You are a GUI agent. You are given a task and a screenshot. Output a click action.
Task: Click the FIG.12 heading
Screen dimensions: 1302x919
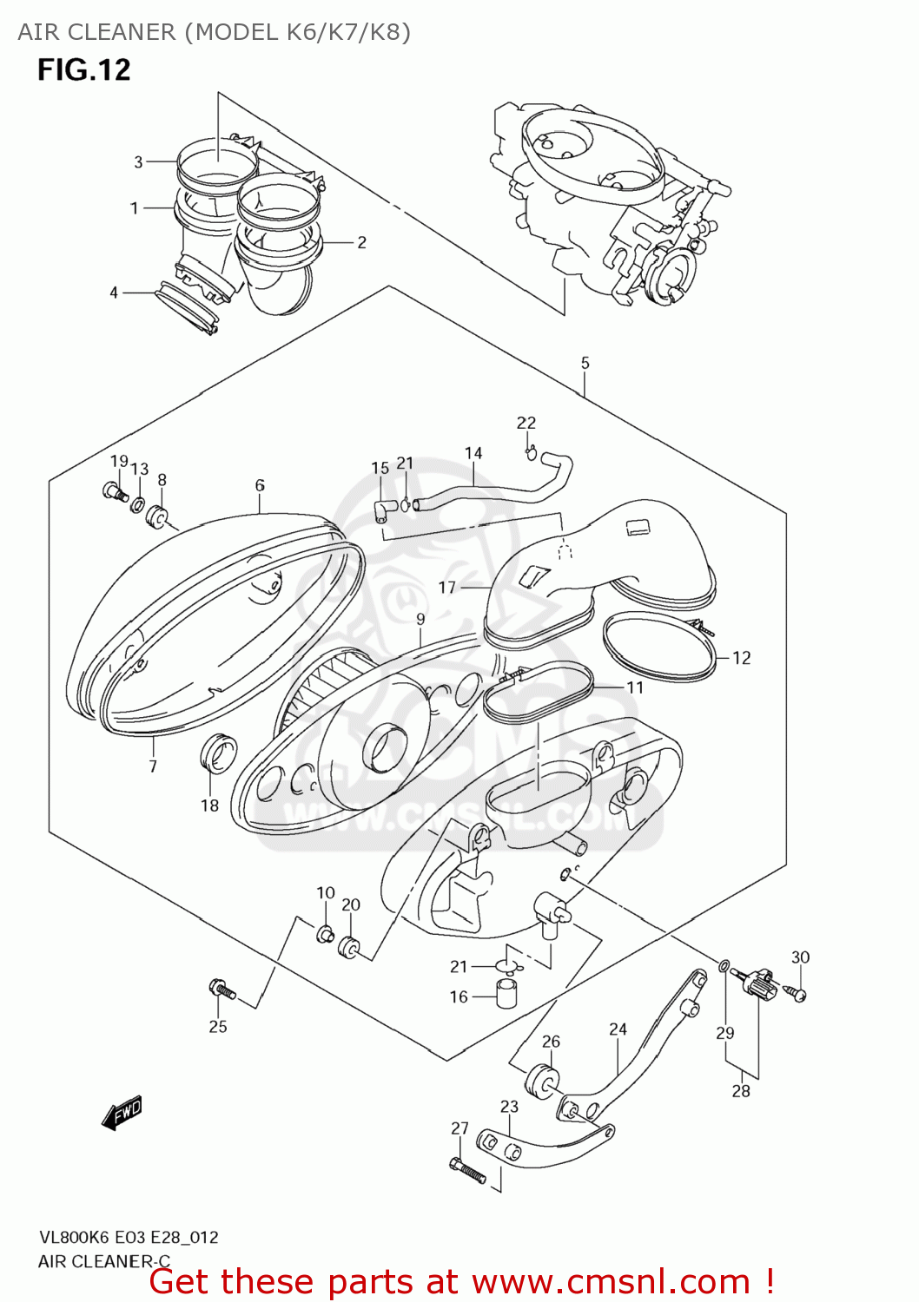point(83,69)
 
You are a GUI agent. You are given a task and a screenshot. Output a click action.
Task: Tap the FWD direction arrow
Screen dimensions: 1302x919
point(122,1112)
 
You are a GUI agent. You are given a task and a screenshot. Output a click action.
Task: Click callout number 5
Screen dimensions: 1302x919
point(585,363)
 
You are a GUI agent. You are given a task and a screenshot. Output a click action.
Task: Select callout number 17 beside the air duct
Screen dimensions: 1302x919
point(446,588)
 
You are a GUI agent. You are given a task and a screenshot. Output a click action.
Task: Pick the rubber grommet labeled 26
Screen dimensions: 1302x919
point(542,1079)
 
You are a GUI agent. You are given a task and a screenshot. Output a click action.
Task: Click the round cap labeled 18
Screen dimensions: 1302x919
point(218,753)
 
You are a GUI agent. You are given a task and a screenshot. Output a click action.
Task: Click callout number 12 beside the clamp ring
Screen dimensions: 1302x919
point(741,658)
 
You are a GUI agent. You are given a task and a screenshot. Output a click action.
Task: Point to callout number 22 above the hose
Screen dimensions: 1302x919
point(526,423)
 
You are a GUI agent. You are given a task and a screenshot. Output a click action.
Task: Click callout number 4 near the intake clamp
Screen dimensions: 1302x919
point(114,293)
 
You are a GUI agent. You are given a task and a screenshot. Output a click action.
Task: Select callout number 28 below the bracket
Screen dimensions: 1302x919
point(740,1090)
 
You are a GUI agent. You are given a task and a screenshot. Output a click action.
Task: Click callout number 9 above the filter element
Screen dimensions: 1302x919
point(420,619)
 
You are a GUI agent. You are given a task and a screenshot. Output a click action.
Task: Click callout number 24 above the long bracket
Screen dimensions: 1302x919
point(618,1029)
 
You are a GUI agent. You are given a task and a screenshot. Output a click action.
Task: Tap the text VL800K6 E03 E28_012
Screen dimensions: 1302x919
point(128,1237)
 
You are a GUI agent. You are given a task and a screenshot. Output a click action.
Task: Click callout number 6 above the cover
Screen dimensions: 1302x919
point(260,485)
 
